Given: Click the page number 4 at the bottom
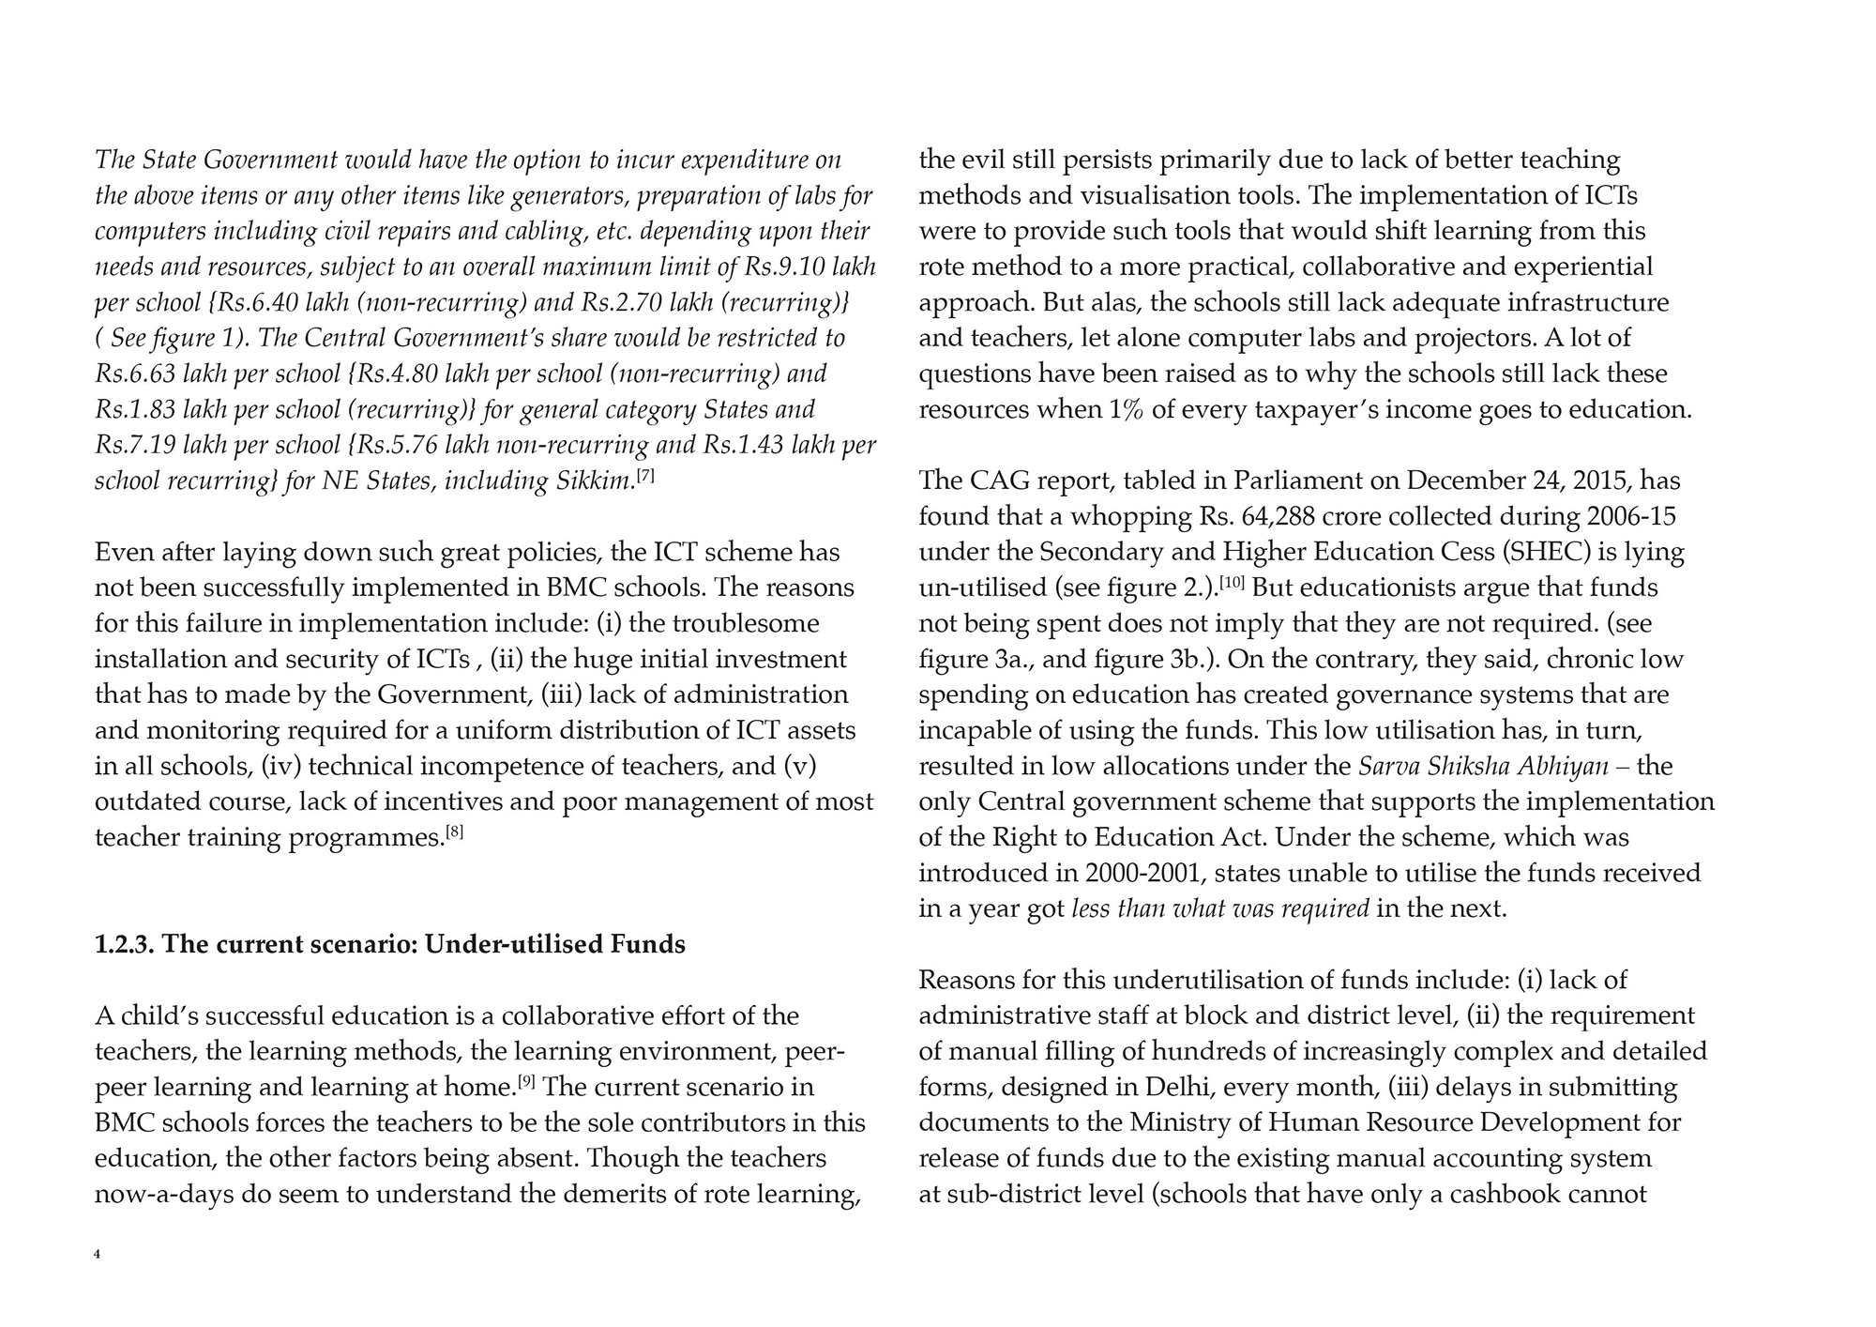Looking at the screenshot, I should pyautogui.click(x=98, y=1254).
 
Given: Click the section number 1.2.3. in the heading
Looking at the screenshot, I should pyautogui.click(x=124, y=944).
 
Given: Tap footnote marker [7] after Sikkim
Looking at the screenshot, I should pyautogui.click(x=645, y=476).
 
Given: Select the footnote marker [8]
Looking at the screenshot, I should pyautogui.click(x=454, y=831).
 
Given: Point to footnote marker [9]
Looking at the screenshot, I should pyautogui.click(x=527, y=1082).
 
